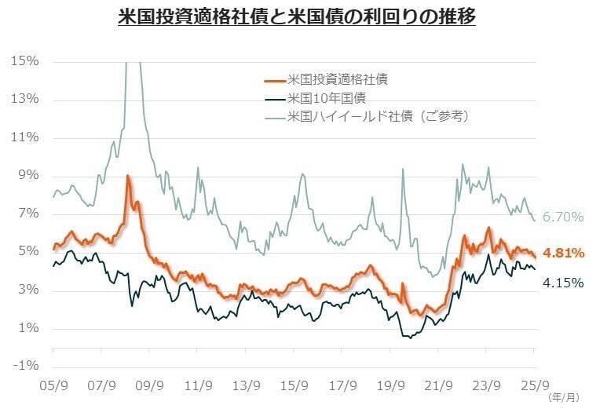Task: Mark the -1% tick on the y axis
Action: (26, 367)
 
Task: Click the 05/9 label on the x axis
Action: (53, 385)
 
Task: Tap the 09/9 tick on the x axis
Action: (149, 385)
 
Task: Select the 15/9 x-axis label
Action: (294, 385)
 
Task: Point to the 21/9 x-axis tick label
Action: (438, 385)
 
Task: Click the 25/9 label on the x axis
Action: (535, 385)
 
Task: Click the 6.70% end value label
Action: (562, 216)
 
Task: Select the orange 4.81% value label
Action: (564, 253)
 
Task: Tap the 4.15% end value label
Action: (564, 282)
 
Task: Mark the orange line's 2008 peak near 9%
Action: (128, 177)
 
